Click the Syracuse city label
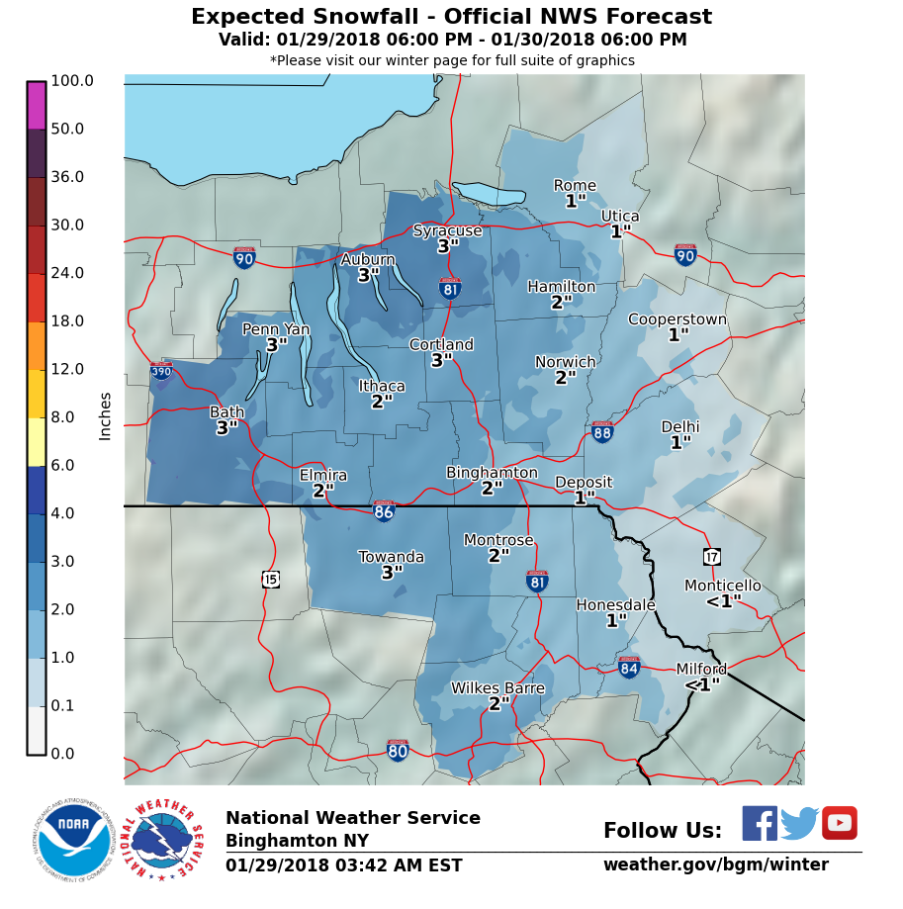coord(447,230)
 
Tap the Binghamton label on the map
coord(492,473)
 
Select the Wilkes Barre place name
coord(497,688)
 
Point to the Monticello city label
coord(723,586)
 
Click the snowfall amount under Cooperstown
coord(677,335)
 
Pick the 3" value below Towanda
coord(392,573)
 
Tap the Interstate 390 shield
coord(161,371)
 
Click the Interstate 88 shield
coord(602,432)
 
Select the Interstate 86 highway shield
coord(384,511)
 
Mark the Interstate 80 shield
coord(398,751)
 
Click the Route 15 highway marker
coord(271,579)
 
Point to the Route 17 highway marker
coord(712,556)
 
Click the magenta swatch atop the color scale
coord(37,105)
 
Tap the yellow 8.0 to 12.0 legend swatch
coord(37,394)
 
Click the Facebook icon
coord(760,823)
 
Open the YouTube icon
coord(839,823)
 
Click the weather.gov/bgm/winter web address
coord(715,864)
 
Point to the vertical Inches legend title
coord(105,415)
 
